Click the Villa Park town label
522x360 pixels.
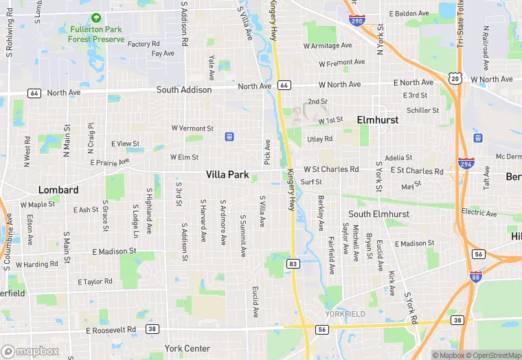click(227, 175)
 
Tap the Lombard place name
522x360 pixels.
click(58, 190)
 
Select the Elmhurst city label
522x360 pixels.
click(378, 120)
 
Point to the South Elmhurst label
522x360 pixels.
click(378, 214)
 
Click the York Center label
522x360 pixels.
click(187, 348)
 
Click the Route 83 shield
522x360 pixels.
click(293, 264)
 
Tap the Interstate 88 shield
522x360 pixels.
click(475, 277)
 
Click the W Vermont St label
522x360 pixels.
click(192, 128)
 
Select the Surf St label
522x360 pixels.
click(311, 182)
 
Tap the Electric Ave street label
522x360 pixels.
click(478, 212)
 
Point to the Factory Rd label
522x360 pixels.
click(144, 44)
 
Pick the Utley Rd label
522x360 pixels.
click(319, 139)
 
